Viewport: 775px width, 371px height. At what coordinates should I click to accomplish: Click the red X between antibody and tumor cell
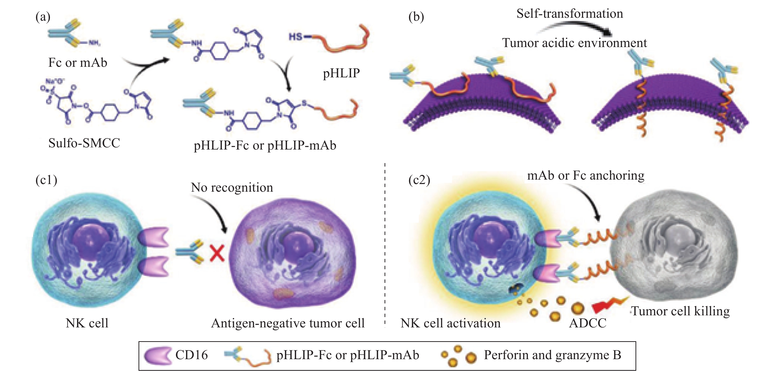[217, 253]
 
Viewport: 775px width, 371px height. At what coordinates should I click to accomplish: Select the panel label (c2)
[419, 180]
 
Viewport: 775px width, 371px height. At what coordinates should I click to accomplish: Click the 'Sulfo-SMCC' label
[84, 143]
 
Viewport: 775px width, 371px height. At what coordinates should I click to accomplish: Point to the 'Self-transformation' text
[570, 14]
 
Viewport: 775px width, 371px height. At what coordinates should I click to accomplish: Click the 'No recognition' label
[232, 187]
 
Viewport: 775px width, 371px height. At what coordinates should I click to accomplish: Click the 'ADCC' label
[588, 323]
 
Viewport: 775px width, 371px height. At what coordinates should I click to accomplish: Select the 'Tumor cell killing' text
[680, 311]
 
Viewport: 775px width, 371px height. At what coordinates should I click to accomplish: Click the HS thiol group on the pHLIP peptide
[295, 37]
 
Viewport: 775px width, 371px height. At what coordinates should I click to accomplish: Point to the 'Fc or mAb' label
[77, 63]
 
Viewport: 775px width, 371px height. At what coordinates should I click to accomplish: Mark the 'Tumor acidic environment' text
[574, 43]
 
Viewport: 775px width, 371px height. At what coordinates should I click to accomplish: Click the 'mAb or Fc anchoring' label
[586, 175]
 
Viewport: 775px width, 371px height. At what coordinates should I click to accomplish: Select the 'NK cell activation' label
[450, 323]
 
